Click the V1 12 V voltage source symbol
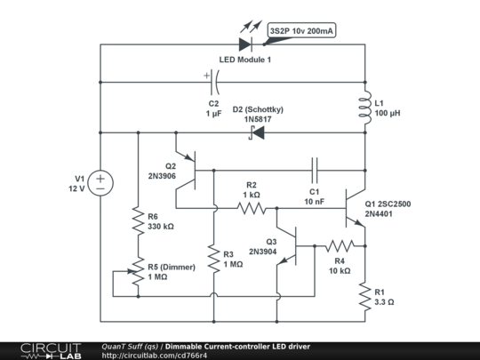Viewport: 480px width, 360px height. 100,183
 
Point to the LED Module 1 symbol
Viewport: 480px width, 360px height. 247,42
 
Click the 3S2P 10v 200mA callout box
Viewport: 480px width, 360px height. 301,31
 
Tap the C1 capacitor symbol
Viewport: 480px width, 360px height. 315,168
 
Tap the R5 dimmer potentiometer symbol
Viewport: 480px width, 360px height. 137,270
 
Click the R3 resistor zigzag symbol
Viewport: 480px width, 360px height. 213,258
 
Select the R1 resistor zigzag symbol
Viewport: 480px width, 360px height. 365,294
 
